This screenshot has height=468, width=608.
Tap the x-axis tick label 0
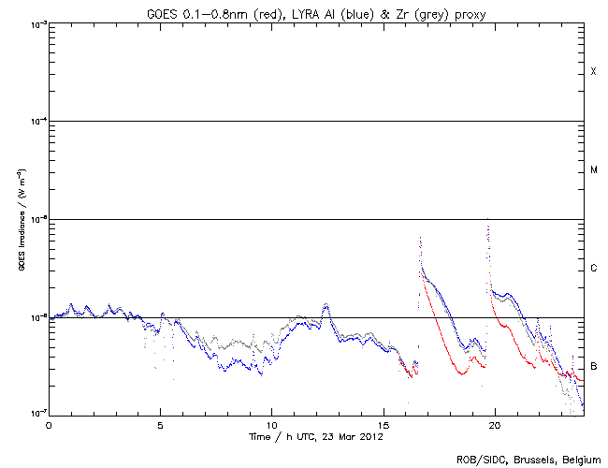(x=49, y=424)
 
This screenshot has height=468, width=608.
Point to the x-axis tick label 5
(x=160, y=424)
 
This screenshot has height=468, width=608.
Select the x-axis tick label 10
(x=271, y=424)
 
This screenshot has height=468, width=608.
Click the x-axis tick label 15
(x=383, y=424)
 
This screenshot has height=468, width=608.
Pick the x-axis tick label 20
(x=494, y=424)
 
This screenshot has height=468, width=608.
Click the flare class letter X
(x=594, y=72)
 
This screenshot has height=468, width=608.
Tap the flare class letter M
(x=594, y=170)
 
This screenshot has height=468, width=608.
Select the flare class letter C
(x=594, y=269)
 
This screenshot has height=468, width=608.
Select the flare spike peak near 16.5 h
(x=420, y=238)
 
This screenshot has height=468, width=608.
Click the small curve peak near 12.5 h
(x=326, y=304)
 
